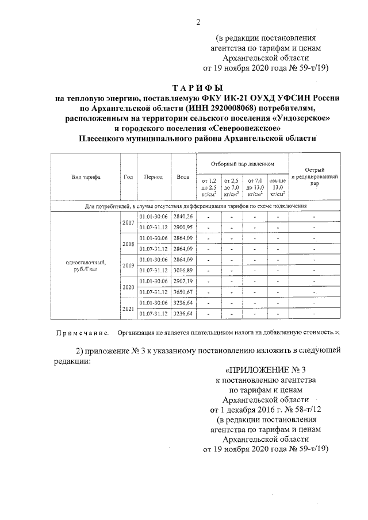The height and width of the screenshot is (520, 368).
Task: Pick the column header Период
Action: coord(154,177)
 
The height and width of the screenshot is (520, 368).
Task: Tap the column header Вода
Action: coord(183,177)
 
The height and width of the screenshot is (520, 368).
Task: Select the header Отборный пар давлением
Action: coord(242,163)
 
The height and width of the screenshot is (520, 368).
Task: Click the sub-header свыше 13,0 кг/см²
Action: coord(278,187)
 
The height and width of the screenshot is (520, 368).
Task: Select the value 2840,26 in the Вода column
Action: coord(184,216)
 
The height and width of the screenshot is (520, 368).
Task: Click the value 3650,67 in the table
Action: coord(184,292)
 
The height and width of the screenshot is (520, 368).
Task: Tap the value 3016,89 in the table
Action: coord(184,270)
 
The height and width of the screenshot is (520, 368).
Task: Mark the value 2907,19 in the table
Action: coord(184,281)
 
